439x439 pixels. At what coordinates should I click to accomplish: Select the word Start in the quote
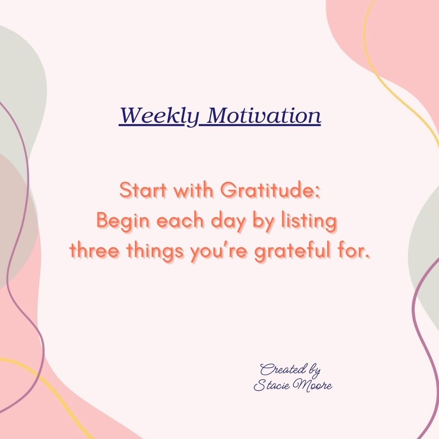(143, 190)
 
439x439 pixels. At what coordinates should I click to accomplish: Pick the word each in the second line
(180, 221)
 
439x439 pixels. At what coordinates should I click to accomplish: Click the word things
(156, 252)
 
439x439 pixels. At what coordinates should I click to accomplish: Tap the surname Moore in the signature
(311, 386)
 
